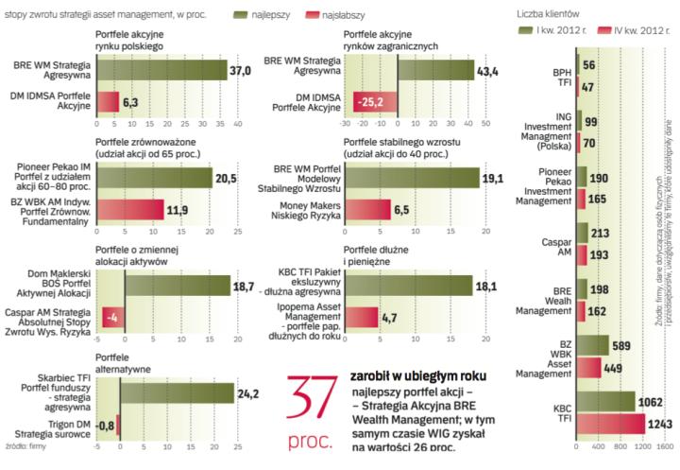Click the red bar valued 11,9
pyautogui.click(x=144, y=209)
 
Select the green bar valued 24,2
pyautogui.click(x=178, y=392)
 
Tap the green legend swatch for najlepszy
pyautogui.click(x=254, y=16)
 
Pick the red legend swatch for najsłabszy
pyautogui.click(x=327, y=16)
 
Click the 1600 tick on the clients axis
pyautogui.click(x=665, y=443)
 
